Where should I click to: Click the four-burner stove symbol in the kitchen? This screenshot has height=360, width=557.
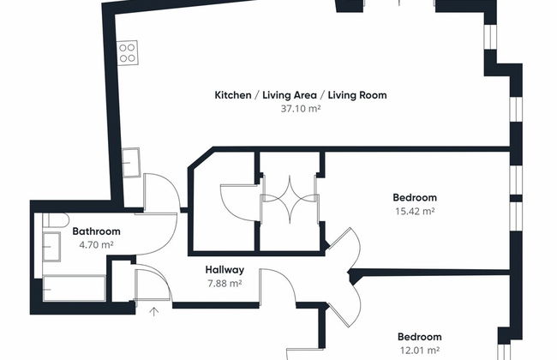(127, 52)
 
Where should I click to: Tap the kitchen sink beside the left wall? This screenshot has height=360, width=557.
(131, 163)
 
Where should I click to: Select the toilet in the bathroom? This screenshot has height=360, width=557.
(56, 220)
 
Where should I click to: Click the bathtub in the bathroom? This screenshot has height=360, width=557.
(75, 288)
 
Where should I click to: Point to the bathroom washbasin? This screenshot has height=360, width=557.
(51, 247)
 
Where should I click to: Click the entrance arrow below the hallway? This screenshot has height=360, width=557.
(153, 312)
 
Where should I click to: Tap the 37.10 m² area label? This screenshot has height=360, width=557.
(301, 108)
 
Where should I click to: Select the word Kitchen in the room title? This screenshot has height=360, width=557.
(233, 95)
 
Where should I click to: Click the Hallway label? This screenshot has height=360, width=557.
(225, 270)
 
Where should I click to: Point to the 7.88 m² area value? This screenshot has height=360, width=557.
(225, 284)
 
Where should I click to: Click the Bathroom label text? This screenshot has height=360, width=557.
(96, 231)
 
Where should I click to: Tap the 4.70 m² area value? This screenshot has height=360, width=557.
(96, 245)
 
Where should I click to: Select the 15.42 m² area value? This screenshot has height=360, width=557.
(416, 211)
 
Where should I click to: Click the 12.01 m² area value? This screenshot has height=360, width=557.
(420, 351)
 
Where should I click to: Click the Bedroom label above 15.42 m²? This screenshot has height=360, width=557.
(415, 198)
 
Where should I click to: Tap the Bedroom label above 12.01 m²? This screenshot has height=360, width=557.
(420, 337)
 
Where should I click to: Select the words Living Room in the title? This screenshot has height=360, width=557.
(357, 95)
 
